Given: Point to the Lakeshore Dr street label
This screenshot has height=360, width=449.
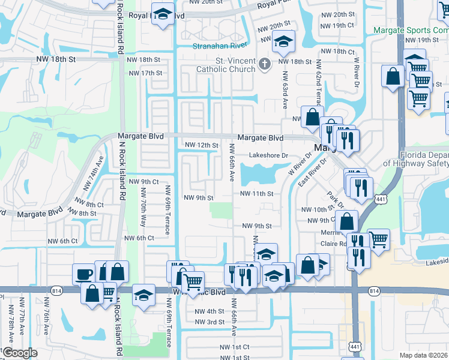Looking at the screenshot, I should tap(270, 155).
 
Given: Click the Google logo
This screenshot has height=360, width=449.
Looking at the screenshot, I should tap(19, 352).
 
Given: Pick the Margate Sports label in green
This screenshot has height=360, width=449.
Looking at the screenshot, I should tap(410, 29).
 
